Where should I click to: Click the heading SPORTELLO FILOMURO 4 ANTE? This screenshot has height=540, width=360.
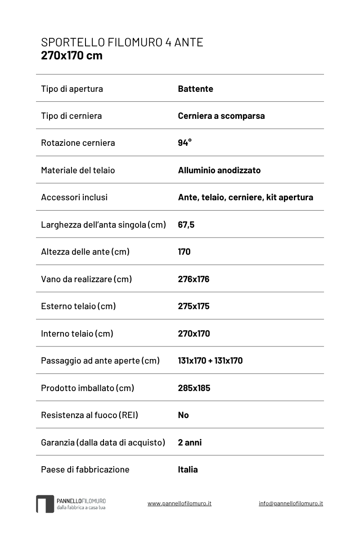point(122,42)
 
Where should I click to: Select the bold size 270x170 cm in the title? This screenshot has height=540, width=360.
point(72,55)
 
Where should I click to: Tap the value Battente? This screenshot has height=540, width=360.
point(195,89)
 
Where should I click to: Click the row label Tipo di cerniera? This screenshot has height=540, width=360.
point(71,116)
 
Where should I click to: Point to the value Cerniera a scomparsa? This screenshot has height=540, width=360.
point(221,116)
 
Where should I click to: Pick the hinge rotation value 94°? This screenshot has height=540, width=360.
point(184,143)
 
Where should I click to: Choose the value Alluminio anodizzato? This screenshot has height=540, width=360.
point(219,170)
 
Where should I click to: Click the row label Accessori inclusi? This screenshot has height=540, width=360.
point(74,197)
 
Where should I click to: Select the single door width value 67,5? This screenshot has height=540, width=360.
point(186,225)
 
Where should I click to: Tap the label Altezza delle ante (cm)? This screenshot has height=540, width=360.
point(85,252)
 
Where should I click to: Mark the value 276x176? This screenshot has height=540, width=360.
point(193,279)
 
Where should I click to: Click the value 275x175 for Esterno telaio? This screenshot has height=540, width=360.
point(193,306)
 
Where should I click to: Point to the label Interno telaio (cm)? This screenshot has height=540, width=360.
point(77,333)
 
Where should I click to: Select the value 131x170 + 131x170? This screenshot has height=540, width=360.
point(210,360)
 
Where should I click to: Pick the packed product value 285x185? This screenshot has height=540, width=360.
point(194,388)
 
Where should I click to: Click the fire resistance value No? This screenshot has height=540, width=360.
point(183,415)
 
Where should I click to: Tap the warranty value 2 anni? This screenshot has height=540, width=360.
point(189,442)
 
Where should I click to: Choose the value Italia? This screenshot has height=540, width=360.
point(188,469)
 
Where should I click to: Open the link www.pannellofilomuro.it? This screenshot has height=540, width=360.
point(179,503)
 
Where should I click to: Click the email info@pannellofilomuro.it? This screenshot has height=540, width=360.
point(291,503)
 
